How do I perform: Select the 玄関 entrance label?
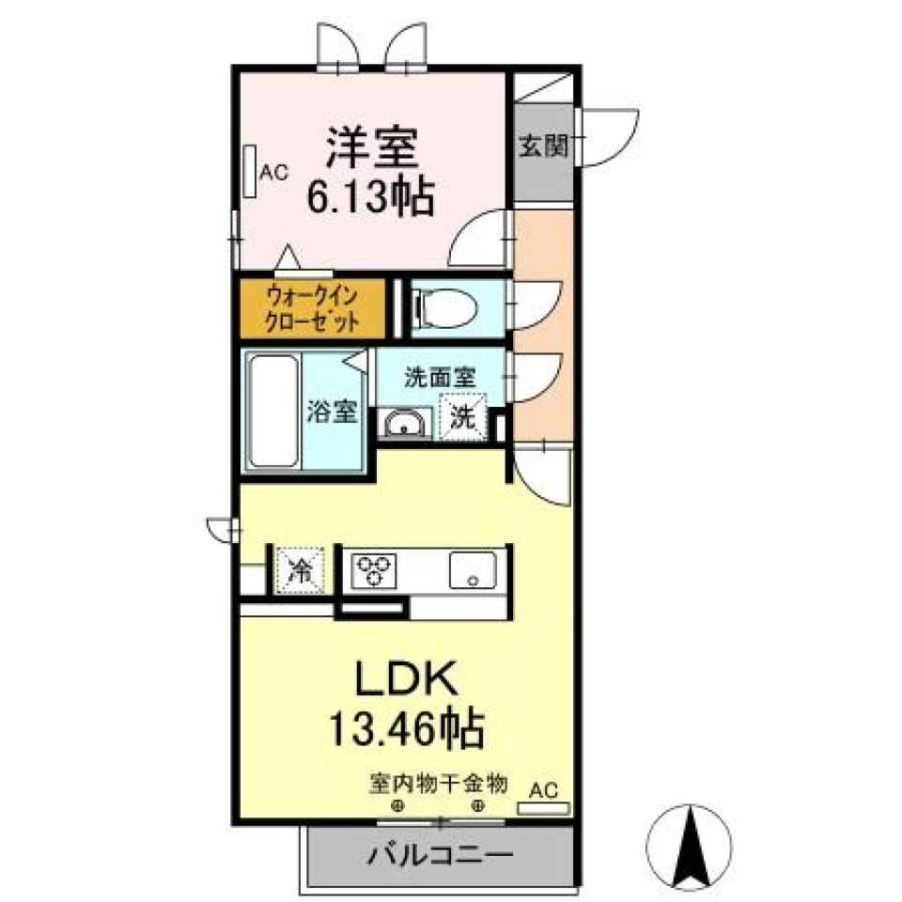(x=543, y=147)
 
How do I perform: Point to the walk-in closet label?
(x=312, y=307)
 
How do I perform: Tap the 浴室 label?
(x=333, y=412)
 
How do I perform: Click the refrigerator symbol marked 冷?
(x=301, y=569)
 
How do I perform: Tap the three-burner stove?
(x=375, y=569)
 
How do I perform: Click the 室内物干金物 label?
(x=439, y=782)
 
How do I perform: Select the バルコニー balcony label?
(x=440, y=856)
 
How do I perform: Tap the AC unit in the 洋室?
(x=251, y=172)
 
